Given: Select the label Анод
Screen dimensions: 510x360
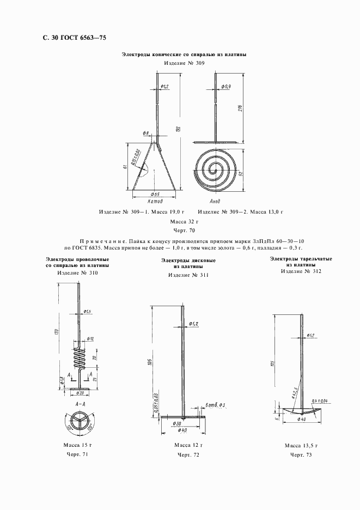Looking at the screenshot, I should tap(217, 202).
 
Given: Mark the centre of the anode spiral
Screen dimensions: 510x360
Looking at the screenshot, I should tap(216, 171).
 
